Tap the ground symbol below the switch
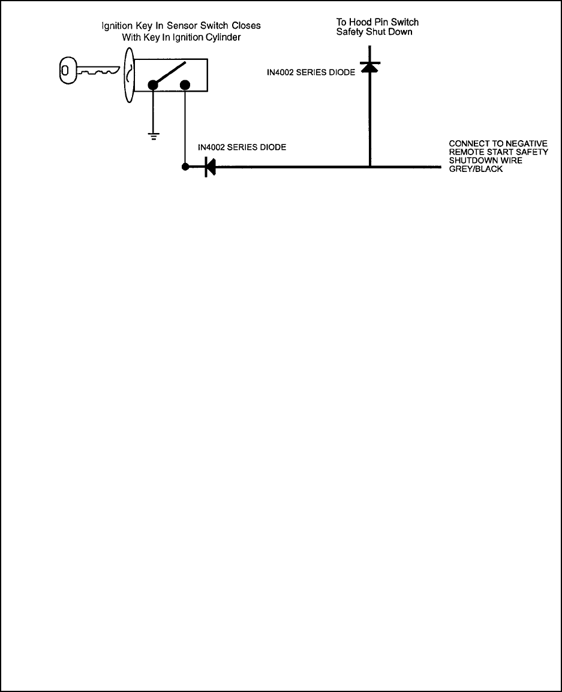click(154, 136)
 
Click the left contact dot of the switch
click(154, 85)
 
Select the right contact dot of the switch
click(185, 85)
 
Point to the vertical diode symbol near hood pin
click(369, 67)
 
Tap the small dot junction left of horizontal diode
click(185, 167)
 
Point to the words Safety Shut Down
click(374, 32)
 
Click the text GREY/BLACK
click(476, 170)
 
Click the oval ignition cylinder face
click(128, 75)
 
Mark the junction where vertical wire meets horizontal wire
click(369, 167)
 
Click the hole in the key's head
click(66, 71)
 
